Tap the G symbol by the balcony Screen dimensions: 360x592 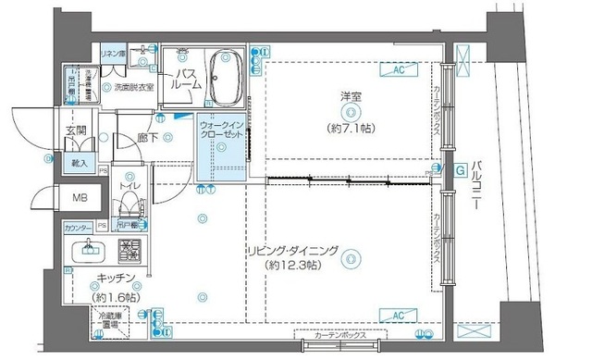coord(460,169)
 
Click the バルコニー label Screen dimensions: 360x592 coord(476,185)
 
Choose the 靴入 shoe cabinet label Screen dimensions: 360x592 coord(79,164)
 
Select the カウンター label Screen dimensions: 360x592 coord(79,227)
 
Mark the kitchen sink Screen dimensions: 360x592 coord(90,248)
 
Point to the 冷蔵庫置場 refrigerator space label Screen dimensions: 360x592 coord(113,321)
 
